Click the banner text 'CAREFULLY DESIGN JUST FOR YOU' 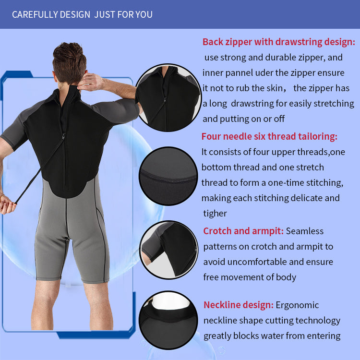(x=82, y=14)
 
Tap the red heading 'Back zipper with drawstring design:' (x=279, y=42)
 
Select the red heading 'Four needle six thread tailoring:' (x=269, y=136)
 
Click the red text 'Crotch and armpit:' (x=243, y=231)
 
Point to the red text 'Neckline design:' (x=239, y=305)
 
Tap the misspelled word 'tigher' (x=215, y=214)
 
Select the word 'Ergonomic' (x=297, y=305)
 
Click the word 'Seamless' (x=305, y=231)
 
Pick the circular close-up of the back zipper (x=168, y=98)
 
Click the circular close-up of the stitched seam (x=168, y=176)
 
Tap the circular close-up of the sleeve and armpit (x=169, y=250)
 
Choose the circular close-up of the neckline (x=168, y=320)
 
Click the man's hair (x=69, y=61)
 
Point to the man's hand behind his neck (x=91, y=82)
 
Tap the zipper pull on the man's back (x=63, y=136)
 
